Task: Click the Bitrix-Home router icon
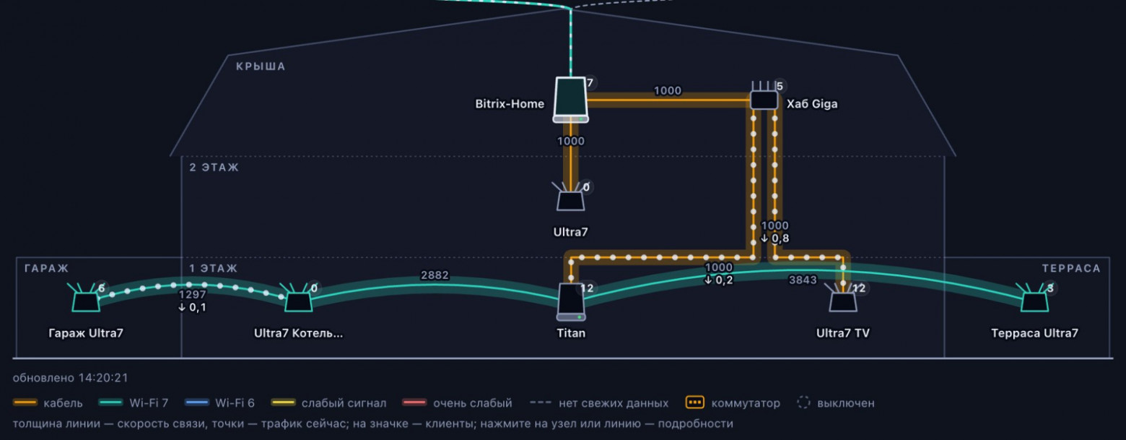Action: (x=570, y=100)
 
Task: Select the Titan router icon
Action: (x=571, y=302)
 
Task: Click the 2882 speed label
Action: (x=435, y=275)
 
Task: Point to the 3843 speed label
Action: (x=803, y=280)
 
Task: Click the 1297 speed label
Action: (x=193, y=295)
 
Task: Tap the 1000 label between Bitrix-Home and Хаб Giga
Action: (x=668, y=90)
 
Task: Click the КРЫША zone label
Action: (x=261, y=66)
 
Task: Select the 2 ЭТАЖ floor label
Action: (x=214, y=167)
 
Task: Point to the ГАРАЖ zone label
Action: (x=47, y=268)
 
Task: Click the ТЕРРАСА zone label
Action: (x=1071, y=268)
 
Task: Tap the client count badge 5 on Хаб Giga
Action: (x=780, y=86)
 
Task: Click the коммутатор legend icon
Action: (x=694, y=402)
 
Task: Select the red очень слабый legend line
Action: (x=414, y=402)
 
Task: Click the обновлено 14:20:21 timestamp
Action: (x=71, y=378)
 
